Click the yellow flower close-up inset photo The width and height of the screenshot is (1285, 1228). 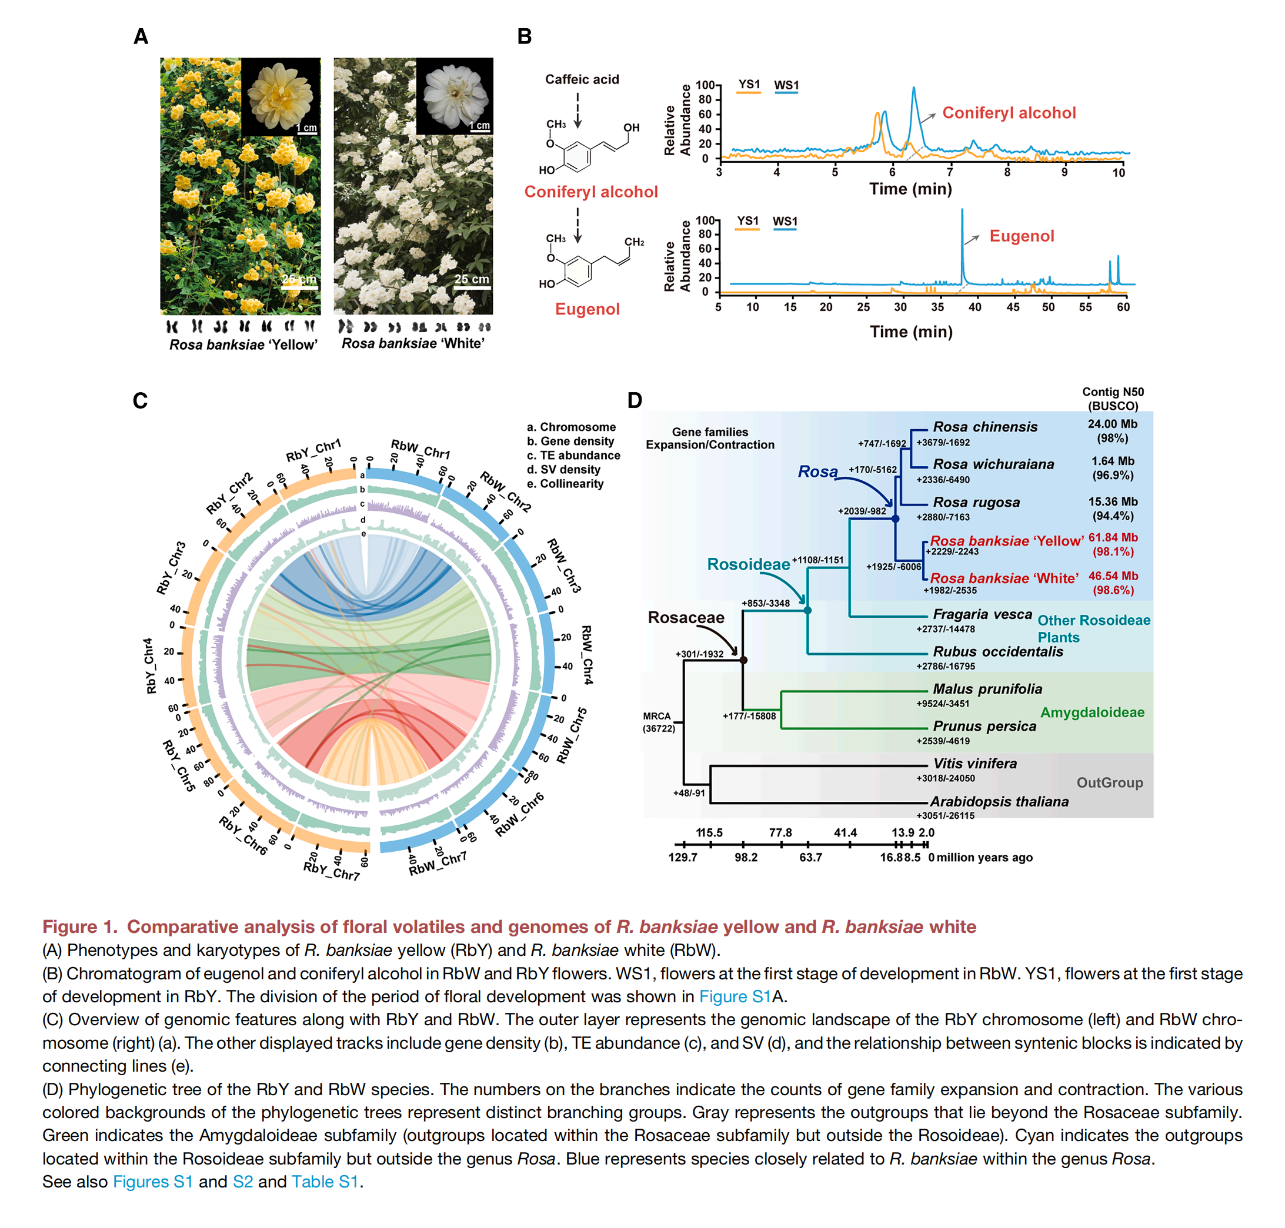point(281,96)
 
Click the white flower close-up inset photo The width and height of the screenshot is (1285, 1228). point(454,96)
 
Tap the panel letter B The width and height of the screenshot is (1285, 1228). point(524,36)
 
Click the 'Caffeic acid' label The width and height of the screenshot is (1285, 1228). point(582,79)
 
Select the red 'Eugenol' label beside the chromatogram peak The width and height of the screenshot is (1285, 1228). point(1021,236)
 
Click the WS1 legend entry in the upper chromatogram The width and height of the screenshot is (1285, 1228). point(786,85)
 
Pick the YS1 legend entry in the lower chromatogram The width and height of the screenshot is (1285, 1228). point(747,220)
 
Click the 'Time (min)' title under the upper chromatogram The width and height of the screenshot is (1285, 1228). point(910,189)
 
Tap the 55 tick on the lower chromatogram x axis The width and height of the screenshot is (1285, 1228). point(1085,307)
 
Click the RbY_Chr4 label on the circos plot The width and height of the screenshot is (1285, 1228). point(150,665)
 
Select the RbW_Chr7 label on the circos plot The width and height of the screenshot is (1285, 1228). point(438,863)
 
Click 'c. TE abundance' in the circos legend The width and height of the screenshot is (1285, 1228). point(573,455)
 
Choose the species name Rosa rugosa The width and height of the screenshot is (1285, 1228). point(976,502)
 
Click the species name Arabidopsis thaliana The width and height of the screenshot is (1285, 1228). point(999,801)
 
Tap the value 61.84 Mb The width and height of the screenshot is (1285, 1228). point(1113,537)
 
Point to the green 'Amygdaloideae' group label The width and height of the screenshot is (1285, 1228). point(1092,712)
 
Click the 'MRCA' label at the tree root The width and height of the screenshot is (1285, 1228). point(656,716)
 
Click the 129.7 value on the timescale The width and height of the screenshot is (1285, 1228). point(682,858)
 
